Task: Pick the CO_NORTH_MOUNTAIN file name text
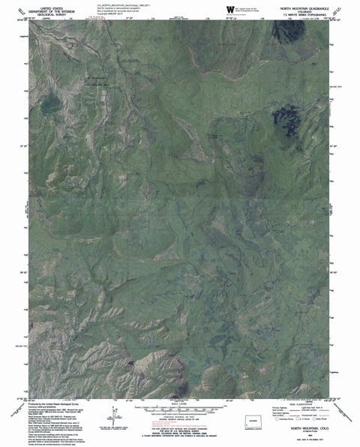[x=123, y=4]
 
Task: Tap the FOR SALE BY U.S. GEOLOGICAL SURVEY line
[x=179, y=426]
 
